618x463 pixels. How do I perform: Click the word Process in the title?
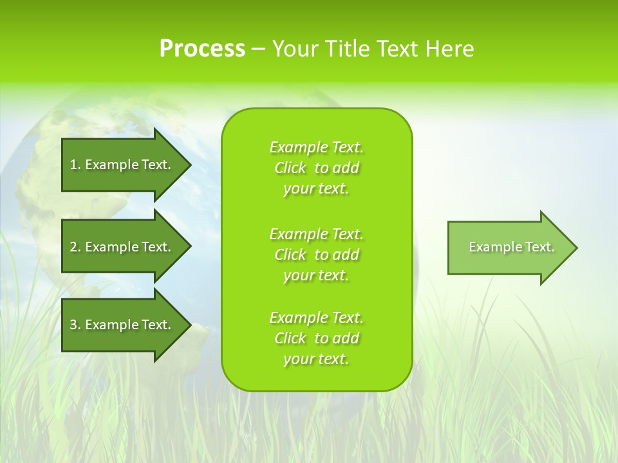click(x=202, y=49)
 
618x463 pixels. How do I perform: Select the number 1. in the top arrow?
click(x=75, y=165)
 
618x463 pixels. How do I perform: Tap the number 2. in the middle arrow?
click(x=75, y=247)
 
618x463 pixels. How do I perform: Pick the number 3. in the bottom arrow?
click(x=75, y=325)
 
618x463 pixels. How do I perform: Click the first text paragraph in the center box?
click(x=316, y=168)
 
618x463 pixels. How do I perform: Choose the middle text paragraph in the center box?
click(x=316, y=254)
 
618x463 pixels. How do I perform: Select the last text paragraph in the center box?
click(x=316, y=338)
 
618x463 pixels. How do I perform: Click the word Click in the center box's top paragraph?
click(x=290, y=168)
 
